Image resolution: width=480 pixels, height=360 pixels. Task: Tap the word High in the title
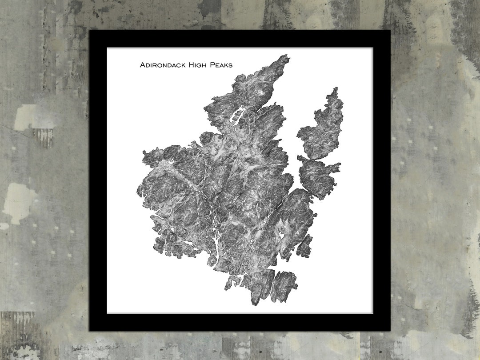(200, 65)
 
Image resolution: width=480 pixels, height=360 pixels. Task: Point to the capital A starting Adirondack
(143, 65)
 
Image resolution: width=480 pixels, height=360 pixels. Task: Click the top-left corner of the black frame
(90, 31)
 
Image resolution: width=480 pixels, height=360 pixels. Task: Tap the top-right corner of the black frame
(389, 31)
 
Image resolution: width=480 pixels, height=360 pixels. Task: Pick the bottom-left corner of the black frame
(90, 330)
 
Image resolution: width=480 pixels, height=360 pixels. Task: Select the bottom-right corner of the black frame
(389, 330)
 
